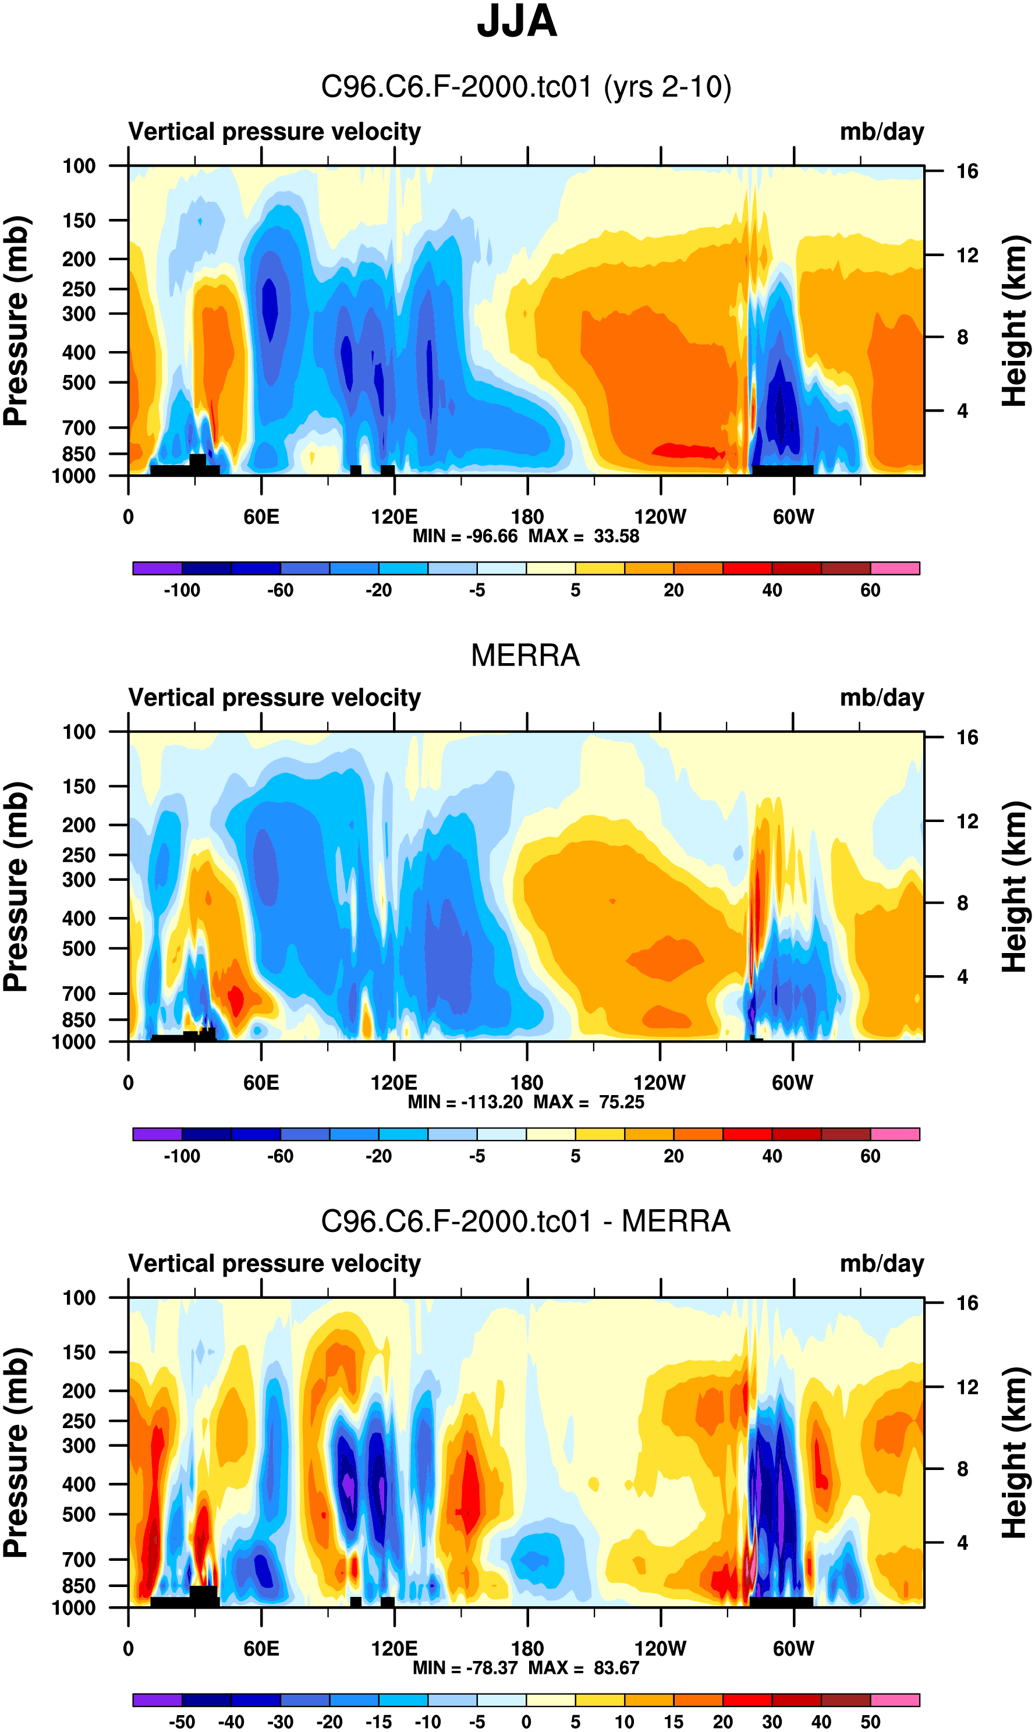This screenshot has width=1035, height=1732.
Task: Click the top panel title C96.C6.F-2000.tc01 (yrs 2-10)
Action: [525, 87]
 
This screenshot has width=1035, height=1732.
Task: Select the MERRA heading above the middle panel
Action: [525, 655]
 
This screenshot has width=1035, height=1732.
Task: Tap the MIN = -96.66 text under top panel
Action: [465, 536]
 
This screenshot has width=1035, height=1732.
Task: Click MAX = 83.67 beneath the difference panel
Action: [583, 1668]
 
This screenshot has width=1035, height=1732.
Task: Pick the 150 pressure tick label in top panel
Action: [79, 221]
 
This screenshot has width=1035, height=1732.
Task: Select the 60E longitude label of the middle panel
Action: [261, 1083]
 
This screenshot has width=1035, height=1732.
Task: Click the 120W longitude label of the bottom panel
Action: [660, 1649]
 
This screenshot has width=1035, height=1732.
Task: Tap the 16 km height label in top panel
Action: [967, 171]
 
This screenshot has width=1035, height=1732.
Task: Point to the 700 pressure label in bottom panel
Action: [79, 1559]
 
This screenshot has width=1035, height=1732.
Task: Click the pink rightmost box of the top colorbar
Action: [895, 568]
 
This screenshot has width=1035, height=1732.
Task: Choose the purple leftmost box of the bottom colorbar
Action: [157, 1700]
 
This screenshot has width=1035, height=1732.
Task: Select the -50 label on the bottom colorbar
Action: [182, 1722]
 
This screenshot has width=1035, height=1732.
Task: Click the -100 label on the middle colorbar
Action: [182, 1157]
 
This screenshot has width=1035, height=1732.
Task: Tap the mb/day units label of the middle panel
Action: [881, 697]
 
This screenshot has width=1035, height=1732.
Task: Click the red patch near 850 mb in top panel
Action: [687, 451]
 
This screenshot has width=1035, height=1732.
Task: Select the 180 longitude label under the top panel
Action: [527, 517]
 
